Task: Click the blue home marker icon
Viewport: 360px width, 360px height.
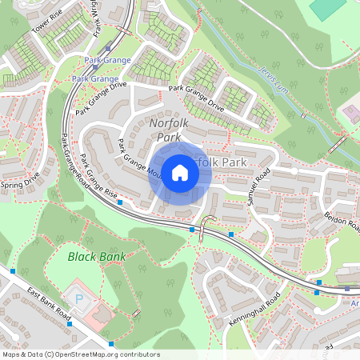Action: pyautogui.click(x=180, y=172)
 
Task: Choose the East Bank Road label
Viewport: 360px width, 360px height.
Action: pyautogui.click(x=48, y=305)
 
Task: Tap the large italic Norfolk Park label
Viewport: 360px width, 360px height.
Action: pyautogui.click(x=165, y=130)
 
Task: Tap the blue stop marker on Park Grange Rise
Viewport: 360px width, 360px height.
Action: pyautogui.click(x=120, y=202)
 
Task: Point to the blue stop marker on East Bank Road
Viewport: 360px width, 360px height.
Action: pyautogui.click(x=109, y=344)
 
